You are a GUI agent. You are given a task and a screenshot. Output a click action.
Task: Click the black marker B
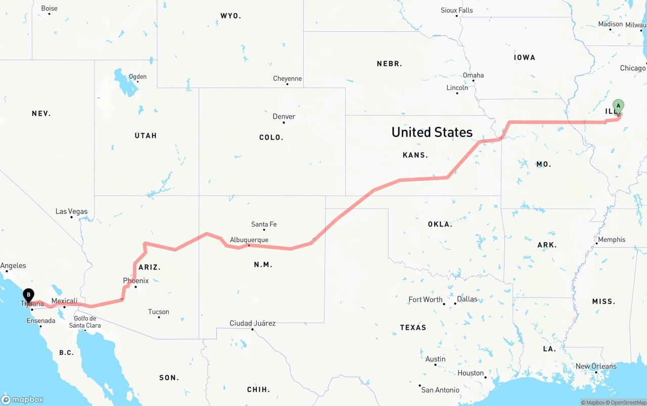29,295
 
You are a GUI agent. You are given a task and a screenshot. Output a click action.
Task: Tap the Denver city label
284,116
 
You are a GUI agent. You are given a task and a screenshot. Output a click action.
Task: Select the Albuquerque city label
249,240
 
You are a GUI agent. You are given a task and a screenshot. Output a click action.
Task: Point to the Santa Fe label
264,224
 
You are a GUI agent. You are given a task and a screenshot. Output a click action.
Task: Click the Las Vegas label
71,211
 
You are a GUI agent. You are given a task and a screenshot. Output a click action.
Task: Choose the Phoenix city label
136,281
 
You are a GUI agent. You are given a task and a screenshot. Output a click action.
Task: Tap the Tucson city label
159,311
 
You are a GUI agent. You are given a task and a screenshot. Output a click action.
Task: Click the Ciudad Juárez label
252,323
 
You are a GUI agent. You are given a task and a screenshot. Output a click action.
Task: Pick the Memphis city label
612,240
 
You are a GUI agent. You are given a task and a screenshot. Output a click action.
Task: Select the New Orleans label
596,366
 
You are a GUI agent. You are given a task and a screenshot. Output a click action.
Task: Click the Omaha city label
473,75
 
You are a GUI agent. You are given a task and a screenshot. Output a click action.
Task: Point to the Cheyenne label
287,78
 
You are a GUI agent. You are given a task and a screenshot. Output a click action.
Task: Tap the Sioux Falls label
456,10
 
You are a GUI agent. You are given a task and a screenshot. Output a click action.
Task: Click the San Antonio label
440,390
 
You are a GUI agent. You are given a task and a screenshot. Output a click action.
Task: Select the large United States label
432,132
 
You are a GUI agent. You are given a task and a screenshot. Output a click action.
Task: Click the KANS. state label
415,155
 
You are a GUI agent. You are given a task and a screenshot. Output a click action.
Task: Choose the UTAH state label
146,136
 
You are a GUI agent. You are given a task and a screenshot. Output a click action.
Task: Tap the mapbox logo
22,399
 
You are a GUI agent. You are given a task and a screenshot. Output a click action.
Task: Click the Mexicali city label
64,301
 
